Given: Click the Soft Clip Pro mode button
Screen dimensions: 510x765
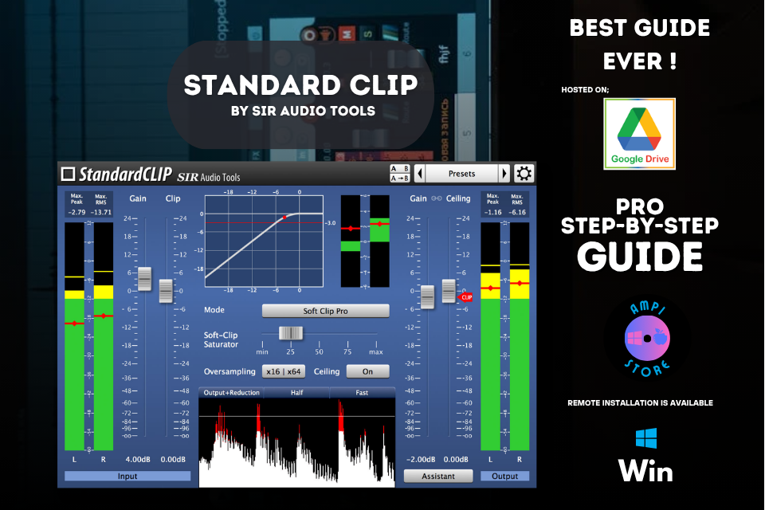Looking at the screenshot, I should coord(325,311).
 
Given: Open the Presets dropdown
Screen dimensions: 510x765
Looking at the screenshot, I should coord(461,174).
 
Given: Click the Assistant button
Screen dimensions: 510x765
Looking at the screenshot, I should coord(437,476).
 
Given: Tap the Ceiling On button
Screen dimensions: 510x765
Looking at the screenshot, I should coord(367,371).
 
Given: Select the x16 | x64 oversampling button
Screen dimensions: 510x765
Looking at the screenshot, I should coord(284,371).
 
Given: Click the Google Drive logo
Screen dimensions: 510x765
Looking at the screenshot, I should coord(639,134).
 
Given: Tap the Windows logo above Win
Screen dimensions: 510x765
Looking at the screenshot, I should coord(645,440).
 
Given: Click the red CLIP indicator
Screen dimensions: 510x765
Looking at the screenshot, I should coord(467,296).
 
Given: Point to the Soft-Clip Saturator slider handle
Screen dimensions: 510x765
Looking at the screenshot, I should coord(290,333).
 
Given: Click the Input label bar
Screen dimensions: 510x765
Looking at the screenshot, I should coord(127,476).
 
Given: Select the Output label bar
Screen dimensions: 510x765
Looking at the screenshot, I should coord(504,476).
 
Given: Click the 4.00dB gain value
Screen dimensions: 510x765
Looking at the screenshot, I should coord(138,460).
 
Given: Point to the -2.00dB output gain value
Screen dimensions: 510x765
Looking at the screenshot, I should coord(422,460).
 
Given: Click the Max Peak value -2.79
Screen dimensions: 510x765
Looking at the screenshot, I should coord(76,212).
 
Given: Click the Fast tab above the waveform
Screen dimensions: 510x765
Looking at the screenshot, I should coord(362,392).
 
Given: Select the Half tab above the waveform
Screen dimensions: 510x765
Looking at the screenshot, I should coord(296,392).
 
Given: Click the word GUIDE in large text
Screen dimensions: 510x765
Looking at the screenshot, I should coord(640,256).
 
